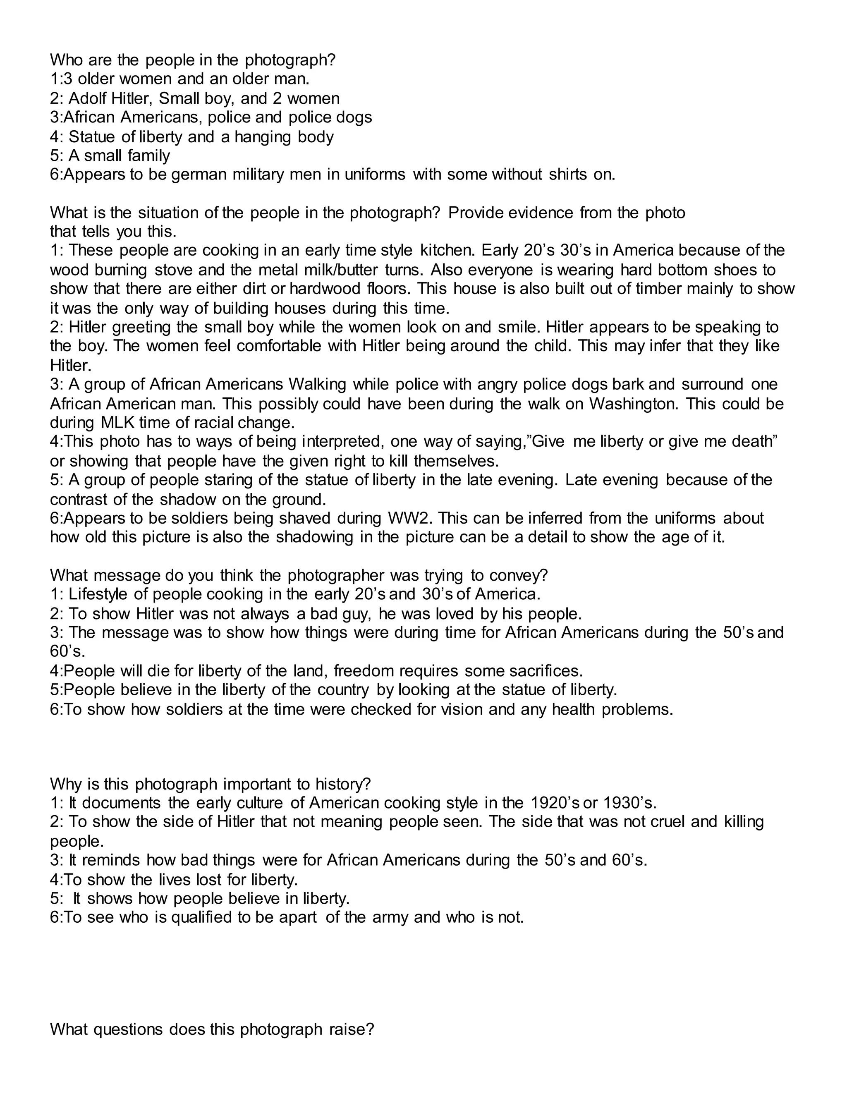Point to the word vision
462,710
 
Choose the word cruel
664,823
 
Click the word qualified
202,918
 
